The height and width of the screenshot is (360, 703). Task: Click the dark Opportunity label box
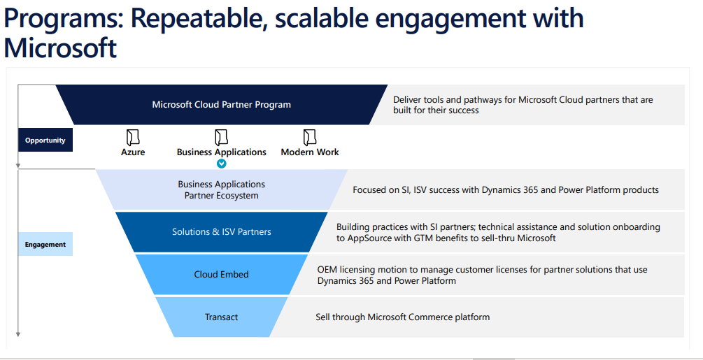(45, 141)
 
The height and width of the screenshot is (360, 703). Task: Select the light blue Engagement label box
(45, 245)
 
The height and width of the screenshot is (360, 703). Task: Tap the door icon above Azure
(132, 137)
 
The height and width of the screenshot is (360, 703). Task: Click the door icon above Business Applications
(221, 137)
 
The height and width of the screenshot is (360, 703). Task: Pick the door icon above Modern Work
(309, 137)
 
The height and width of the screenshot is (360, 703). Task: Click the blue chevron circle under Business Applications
(221, 164)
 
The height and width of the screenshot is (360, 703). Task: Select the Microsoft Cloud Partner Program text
(221, 105)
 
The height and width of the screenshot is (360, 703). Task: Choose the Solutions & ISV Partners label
(221, 232)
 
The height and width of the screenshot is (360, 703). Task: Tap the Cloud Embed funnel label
(221, 275)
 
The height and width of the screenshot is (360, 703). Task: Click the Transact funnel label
(221, 317)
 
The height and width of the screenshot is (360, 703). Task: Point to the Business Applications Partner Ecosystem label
(221, 190)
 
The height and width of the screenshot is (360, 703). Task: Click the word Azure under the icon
(133, 152)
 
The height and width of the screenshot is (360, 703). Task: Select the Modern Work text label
(310, 152)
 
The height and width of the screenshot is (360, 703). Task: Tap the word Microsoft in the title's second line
(60, 48)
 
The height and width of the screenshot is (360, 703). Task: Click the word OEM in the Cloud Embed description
(328, 270)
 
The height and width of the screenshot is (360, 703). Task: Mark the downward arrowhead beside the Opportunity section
(18, 166)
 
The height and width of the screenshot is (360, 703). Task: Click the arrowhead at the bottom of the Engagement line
(18, 335)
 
